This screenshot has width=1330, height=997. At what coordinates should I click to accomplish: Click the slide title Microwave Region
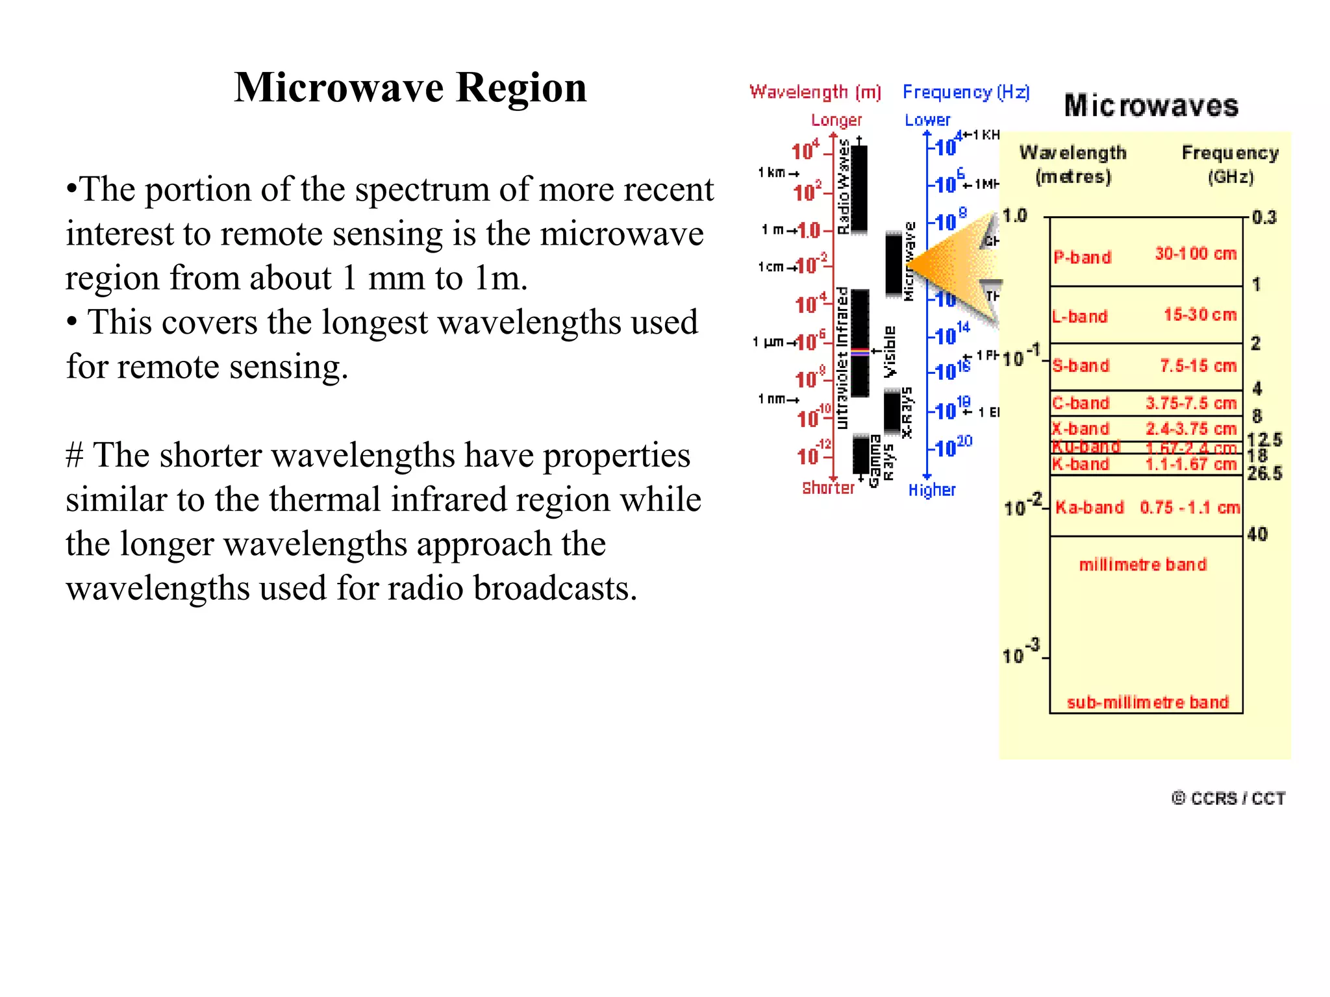point(410,88)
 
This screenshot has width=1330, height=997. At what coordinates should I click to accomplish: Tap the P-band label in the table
point(1082,258)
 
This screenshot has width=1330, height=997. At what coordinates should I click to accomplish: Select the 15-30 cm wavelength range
point(1199,315)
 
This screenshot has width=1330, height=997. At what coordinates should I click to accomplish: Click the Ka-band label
point(1089,508)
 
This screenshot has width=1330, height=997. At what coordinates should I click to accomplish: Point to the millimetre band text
point(1142,565)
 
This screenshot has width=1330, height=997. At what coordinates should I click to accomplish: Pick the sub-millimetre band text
point(1148,702)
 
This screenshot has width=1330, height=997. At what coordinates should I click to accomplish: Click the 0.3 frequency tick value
point(1264,217)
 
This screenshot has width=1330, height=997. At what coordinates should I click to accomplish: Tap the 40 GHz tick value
point(1257,534)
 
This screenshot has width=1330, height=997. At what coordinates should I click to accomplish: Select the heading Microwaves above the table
point(1151,106)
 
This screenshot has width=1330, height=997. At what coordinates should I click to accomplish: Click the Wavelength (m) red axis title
point(815,92)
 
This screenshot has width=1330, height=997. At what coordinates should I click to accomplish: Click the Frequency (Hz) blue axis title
point(966,92)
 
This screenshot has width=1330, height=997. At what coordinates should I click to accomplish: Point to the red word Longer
point(836,120)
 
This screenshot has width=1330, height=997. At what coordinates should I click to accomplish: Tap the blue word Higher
point(932,490)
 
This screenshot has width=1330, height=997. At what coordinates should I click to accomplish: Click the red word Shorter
point(828,488)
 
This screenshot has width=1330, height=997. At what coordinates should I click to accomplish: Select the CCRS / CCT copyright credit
point(1229,798)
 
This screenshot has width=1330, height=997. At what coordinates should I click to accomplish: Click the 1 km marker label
point(773,173)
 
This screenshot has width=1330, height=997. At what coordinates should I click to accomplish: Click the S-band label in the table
point(1081,366)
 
